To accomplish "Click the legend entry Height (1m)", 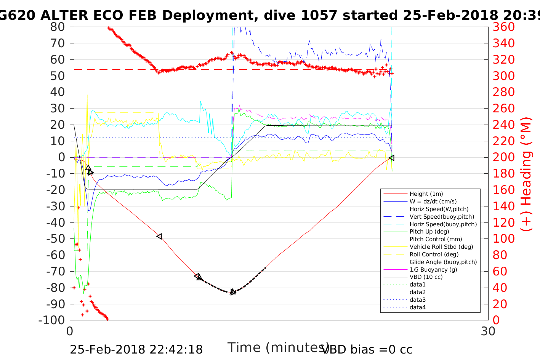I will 426,194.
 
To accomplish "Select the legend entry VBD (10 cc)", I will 426,277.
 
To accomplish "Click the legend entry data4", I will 417,307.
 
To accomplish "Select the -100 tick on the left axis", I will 52,320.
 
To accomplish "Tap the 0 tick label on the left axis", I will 61,157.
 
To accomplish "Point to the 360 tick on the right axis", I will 503,27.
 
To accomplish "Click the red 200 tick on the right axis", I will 503,157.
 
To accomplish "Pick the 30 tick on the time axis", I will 488,331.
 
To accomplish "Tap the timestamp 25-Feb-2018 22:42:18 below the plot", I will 136,349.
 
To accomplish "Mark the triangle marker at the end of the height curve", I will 391,158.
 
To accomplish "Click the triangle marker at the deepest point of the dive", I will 233,292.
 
